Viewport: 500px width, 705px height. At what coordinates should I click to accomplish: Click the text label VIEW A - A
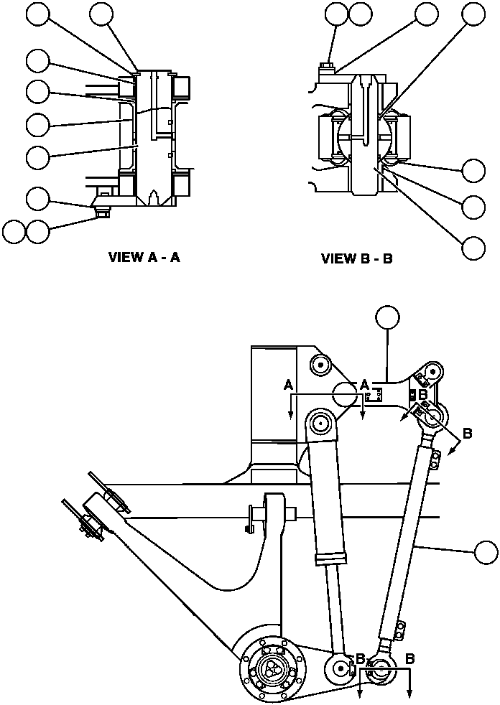[x=144, y=258]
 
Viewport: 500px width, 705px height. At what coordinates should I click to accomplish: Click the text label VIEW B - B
[x=357, y=258]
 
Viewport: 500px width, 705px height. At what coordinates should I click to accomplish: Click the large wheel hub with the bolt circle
[x=270, y=667]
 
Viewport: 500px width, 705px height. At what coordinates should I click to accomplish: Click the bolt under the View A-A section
[x=103, y=210]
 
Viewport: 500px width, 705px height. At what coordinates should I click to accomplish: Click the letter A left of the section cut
[x=288, y=386]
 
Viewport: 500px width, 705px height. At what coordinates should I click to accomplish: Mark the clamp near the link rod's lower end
[x=396, y=630]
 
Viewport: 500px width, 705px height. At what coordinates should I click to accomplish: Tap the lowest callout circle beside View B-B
[x=473, y=248]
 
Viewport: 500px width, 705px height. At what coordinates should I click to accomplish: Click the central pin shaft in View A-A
[x=152, y=136]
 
